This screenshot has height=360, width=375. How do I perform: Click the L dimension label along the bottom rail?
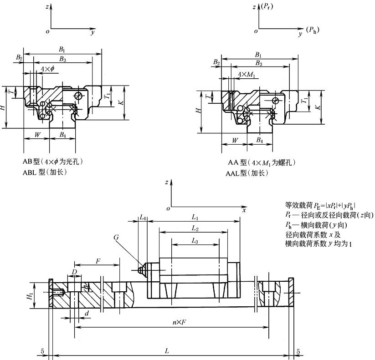(x=167, y=350)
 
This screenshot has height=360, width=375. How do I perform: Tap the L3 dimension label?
(x=195, y=240)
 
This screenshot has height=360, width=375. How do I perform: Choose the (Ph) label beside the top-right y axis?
(x=313, y=30)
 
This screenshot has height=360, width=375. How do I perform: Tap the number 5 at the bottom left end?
(x=41, y=351)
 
